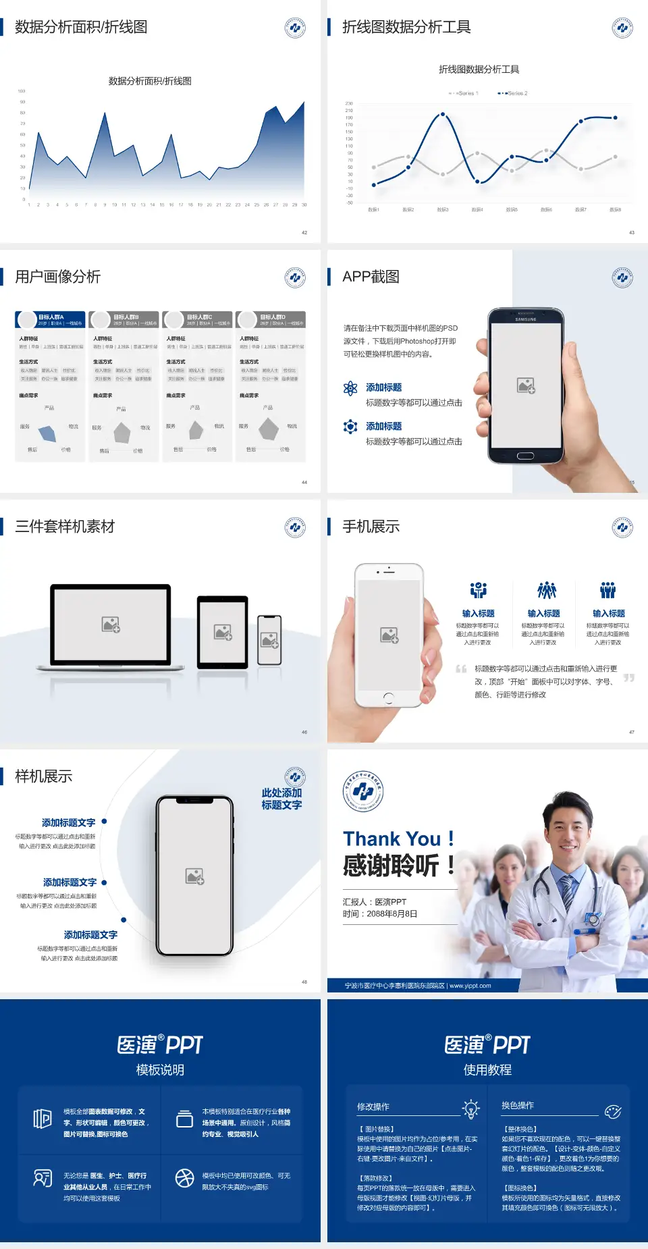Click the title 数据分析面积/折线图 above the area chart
point(150,81)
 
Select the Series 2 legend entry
point(514,93)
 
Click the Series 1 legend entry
point(464,93)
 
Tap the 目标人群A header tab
point(51,319)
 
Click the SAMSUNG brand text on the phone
point(525,319)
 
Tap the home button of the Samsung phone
point(525,456)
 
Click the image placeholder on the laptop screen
point(111,624)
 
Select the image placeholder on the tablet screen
point(223,632)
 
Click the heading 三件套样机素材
point(65,527)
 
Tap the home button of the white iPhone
point(388,697)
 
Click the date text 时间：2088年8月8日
point(380,914)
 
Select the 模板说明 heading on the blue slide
point(160,1070)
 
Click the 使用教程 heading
point(487,1070)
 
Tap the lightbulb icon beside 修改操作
point(470,1108)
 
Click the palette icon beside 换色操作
point(613,1111)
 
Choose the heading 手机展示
point(371,527)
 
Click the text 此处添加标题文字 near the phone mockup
point(281,799)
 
